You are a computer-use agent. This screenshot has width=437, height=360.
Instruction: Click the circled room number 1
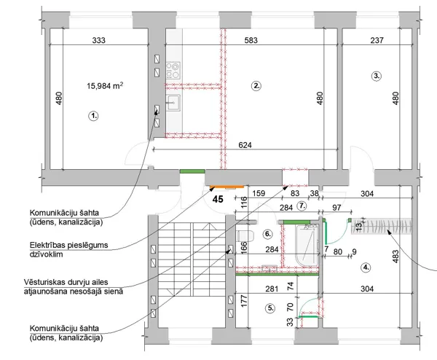coord(93,116)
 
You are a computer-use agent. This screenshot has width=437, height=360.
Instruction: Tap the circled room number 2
coord(256,85)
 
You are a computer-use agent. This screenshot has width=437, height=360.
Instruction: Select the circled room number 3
coord(377,76)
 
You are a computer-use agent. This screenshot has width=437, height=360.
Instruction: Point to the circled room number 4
coord(366,267)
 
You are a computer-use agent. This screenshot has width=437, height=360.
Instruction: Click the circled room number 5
coord(270,308)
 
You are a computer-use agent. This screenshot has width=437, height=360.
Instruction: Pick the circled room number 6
coord(267,234)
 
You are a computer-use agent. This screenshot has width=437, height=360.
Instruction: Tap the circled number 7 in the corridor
coord(302,206)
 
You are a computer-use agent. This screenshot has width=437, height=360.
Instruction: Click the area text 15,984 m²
coord(105,85)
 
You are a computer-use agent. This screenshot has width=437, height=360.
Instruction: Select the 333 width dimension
coord(98,40)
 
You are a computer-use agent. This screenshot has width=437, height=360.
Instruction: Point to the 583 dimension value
coord(251,40)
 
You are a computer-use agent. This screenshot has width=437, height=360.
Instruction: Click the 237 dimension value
coord(377,40)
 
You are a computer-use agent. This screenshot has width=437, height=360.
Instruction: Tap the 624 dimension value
coord(245,145)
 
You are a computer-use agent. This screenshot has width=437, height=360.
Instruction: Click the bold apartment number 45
coord(218,199)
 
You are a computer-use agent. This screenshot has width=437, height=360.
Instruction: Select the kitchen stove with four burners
coord(173,70)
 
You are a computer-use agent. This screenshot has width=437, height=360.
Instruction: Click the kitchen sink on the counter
coord(173,103)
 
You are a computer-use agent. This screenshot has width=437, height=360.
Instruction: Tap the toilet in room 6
coord(245,236)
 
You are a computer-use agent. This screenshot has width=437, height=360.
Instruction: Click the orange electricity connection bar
coord(227,187)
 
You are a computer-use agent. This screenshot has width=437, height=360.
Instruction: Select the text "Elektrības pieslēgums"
coord(69,245)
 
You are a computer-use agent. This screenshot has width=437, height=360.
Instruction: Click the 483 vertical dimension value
coord(395,257)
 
